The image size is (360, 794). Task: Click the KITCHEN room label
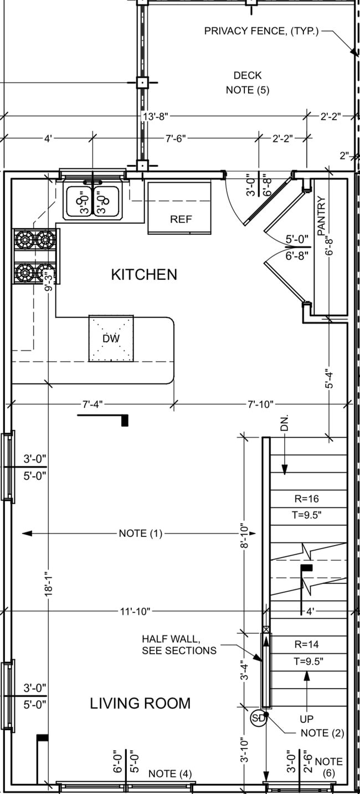tap(144, 274)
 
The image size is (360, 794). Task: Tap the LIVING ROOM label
tap(140, 703)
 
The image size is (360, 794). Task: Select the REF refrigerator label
tap(181, 219)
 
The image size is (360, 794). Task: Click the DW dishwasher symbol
tap(111, 339)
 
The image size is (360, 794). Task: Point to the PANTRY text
tap(322, 216)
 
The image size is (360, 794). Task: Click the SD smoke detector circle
tap(258, 719)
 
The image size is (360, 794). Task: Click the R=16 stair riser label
tap(306, 499)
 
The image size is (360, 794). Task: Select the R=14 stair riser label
tap(306, 644)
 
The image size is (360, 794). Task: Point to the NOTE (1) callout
tap(141, 534)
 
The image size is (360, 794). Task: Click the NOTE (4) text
tap(170, 773)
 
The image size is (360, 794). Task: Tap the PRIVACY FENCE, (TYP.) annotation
tap(261, 31)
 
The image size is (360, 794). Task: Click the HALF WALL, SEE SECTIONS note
tap(179, 644)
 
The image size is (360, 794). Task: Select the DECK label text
tap(247, 75)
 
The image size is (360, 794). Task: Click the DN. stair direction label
tap(285, 424)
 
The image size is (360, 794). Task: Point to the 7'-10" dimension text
tap(260, 404)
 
